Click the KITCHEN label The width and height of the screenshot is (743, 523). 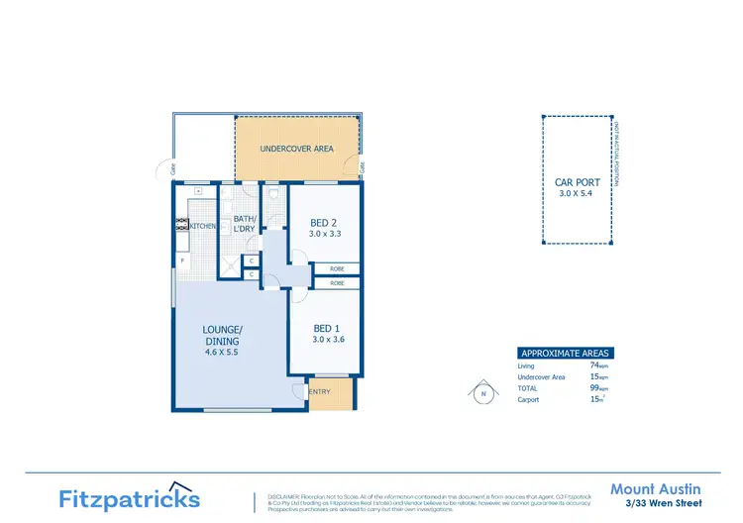point(204,227)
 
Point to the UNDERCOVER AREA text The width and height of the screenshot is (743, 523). point(296,150)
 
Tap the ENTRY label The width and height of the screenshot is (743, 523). point(319,392)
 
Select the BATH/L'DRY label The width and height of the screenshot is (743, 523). point(245,224)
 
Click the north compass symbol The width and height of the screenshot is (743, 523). point(483,393)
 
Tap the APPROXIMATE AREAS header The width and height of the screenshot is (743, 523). point(566,353)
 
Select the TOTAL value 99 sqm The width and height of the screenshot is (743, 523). point(595,388)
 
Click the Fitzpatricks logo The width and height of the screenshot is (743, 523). point(130,498)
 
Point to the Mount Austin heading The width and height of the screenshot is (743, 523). point(656,489)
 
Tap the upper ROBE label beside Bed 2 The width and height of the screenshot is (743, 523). point(337,268)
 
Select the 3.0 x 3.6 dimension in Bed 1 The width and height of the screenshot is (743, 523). point(328,340)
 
